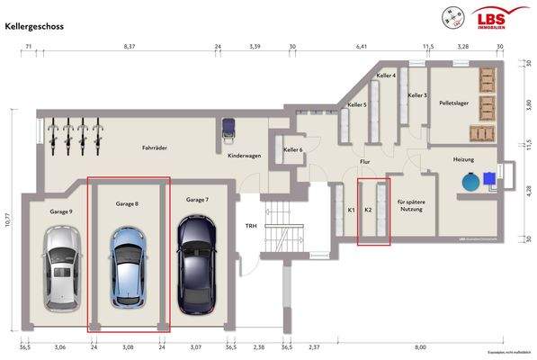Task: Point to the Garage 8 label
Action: [127, 204]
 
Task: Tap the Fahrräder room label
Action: [157, 148]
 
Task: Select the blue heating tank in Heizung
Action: [470, 182]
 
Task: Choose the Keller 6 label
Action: [293, 149]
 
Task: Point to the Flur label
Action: [365, 163]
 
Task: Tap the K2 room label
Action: [367, 210]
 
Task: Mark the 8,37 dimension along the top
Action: [129, 45]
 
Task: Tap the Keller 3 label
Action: [416, 94]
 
